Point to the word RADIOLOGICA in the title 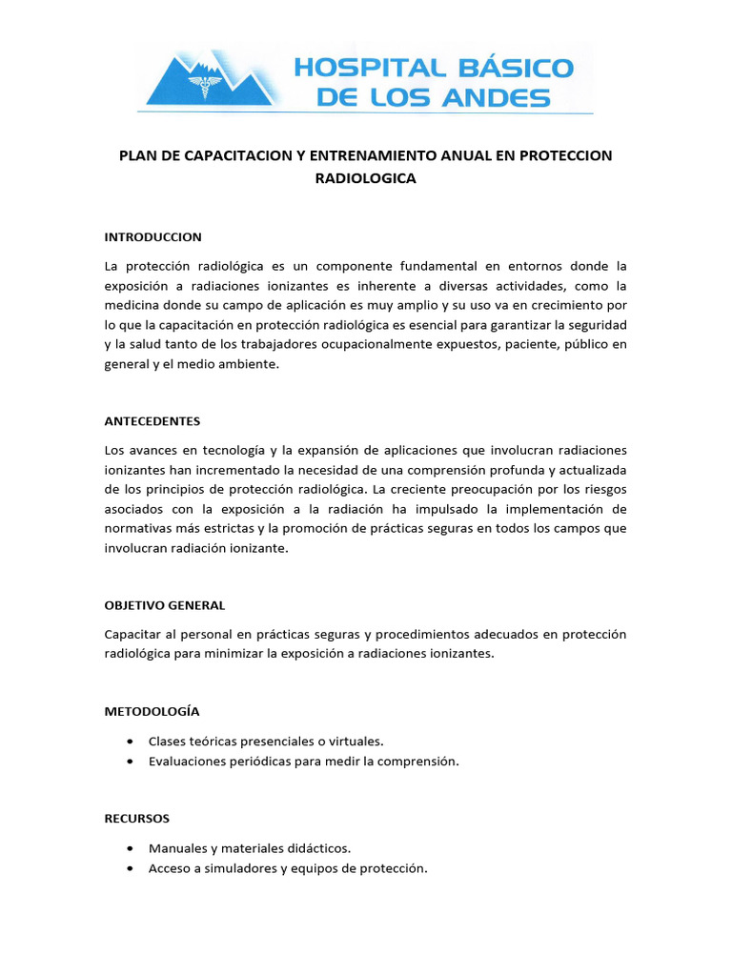pyautogui.click(x=365, y=178)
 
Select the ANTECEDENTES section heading pyautogui.click(x=152, y=420)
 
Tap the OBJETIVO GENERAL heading pyautogui.click(x=165, y=605)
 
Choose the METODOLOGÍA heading pyautogui.click(x=152, y=711)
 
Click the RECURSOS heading pyautogui.click(x=137, y=818)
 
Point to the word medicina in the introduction pyautogui.click(x=132, y=305)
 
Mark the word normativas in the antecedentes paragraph pyautogui.click(x=137, y=528)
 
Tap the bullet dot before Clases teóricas pyautogui.click(x=129, y=741)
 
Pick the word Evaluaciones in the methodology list pyautogui.click(x=188, y=762)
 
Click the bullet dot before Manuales pyautogui.click(x=129, y=847)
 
